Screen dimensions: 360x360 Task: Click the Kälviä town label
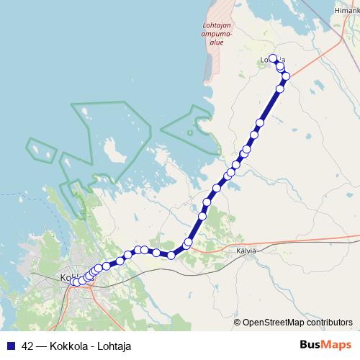click(x=246, y=250)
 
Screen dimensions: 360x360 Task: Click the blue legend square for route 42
click(x=11, y=345)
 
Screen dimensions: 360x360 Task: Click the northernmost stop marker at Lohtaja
click(x=273, y=59)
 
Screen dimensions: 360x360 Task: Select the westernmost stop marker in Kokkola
click(x=73, y=282)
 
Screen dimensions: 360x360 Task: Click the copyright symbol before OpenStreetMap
click(x=237, y=322)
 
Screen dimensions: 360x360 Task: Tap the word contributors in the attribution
click(x=328, y=322)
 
